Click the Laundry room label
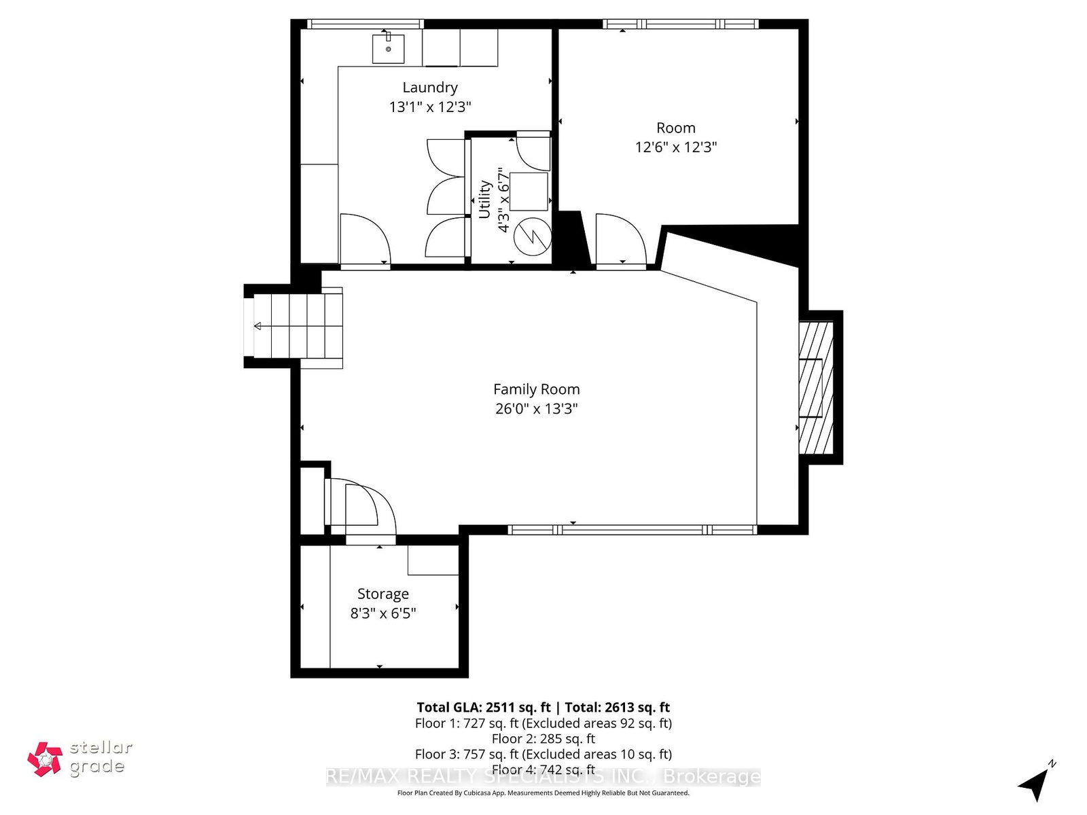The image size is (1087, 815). [429, 88]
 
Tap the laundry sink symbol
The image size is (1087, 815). [388, 48]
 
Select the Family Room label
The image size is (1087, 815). [536, 390]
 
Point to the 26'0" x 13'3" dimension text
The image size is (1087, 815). [536, 409]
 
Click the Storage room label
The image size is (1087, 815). [382, 594]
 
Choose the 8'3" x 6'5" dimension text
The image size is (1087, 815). [382, 613]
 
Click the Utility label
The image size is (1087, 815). [484, 199]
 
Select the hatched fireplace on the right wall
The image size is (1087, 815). [816, 388]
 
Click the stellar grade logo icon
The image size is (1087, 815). [45, 759]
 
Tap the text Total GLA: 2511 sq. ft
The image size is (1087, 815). [483, 707]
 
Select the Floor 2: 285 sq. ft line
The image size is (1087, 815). [543, 739]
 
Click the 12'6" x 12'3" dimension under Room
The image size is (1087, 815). [676, 147]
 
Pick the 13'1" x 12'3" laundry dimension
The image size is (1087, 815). [429, 107]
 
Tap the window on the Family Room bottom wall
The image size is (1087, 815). [632, 530]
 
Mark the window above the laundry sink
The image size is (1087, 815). [365, 24]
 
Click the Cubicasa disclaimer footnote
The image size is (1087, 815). [543, 793]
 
